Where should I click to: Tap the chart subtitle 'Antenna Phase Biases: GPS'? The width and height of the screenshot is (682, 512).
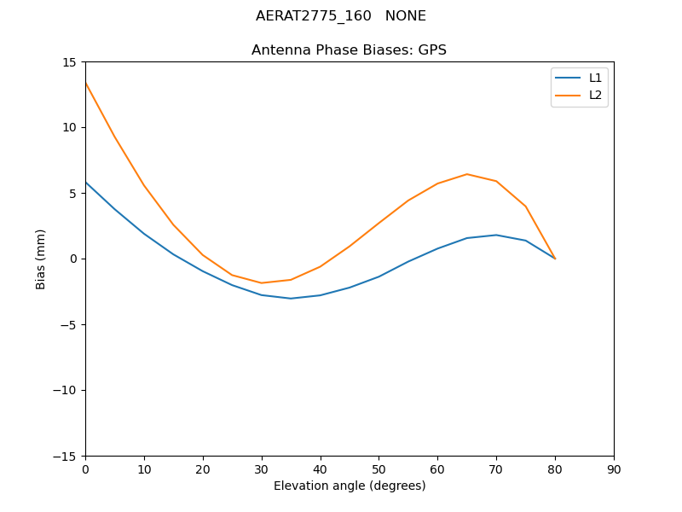coord(349,50)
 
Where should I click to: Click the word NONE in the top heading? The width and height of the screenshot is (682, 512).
coord(405,16)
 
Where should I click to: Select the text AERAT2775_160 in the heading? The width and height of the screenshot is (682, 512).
coord(313,16)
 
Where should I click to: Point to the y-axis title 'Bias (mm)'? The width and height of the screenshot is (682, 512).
coord(41,259)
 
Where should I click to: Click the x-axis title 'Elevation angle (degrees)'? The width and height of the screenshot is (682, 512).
coord(349,486)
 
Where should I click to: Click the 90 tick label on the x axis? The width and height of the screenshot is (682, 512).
coord(614,469)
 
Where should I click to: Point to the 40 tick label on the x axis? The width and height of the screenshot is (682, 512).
coord(320,469)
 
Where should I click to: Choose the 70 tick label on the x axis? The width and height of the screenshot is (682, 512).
coord(496,469)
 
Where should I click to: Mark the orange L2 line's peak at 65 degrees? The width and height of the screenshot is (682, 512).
coord(467,174)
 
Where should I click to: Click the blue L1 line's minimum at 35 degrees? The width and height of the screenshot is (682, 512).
coord(291,298)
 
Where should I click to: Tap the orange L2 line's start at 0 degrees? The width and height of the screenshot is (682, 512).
coord(86,84)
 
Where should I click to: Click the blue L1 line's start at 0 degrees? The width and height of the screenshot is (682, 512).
coord(86,183)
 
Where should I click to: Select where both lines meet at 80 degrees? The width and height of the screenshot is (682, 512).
coord(555,259)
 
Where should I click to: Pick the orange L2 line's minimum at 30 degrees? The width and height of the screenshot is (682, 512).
coord(262,282)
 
